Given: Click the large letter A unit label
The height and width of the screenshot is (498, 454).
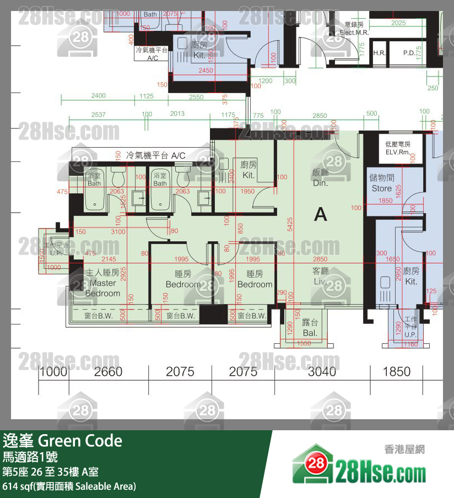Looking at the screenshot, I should (x=320, y=214).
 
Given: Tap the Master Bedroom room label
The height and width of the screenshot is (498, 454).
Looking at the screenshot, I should (x=103, y=283).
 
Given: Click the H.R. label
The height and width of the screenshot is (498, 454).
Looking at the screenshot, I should (x=379, y=53).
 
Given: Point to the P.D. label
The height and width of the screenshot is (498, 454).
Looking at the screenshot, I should (x=409, y=53).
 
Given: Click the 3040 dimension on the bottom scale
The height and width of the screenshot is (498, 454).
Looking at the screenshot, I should (x=322, y=372).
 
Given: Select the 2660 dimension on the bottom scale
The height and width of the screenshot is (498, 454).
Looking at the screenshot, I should (x=108, y=372).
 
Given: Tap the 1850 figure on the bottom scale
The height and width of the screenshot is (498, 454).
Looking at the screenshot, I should (x=397, y=372).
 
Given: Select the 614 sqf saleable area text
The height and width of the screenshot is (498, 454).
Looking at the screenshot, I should (x=69, y=486).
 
